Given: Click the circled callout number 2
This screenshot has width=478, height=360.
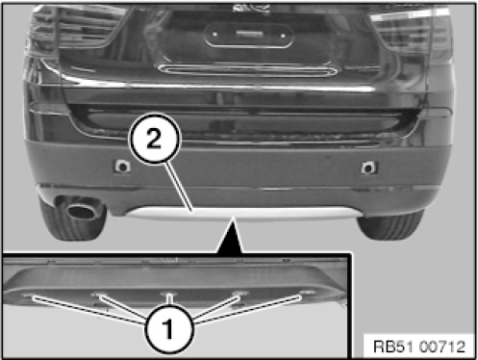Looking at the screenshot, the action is click(155, 139).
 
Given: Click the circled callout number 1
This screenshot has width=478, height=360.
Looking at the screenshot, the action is click(169, 328).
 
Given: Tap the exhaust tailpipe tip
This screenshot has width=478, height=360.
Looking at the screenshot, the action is click(80, 210).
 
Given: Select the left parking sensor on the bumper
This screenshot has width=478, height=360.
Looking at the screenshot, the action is click(122, 167).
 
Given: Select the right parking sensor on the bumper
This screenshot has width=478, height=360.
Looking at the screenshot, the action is click(368, 167).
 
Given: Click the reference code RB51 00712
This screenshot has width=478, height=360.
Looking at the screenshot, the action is click(419, 347).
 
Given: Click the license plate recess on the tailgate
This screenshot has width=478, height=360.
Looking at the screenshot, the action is click(248, 35).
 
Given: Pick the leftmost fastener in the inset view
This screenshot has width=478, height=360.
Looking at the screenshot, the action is click(29, 296).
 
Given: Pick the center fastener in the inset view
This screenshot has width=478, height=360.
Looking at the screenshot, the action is click(169, 294).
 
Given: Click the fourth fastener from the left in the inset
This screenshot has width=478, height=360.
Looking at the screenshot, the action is click(239, 294).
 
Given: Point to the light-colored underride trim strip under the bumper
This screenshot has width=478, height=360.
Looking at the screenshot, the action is click(243, 213).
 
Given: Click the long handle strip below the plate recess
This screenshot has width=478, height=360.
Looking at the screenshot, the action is click(248, 69).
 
